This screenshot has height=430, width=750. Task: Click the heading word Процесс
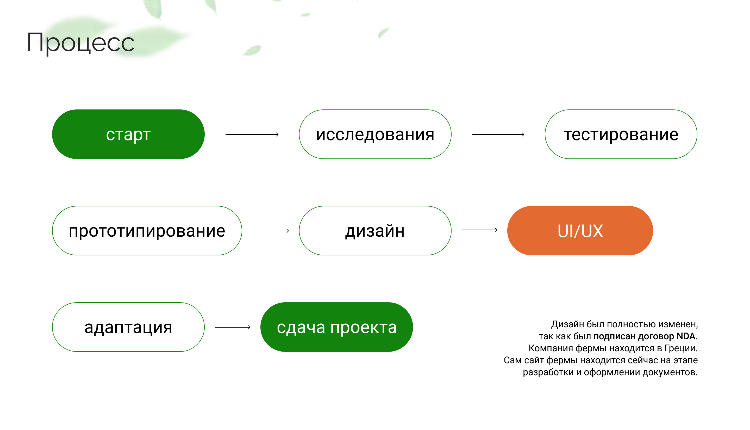pyautogui.click(x=80, y=43)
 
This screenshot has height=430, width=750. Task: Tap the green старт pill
pyautogui.click(x=128, y=134)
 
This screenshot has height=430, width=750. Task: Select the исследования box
pyautogui.click(x=375, y=134)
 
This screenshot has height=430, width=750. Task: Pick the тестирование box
pyautogui.click(x=621, y=134)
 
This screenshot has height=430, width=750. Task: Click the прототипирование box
pyautogui.click(x=147, y=231)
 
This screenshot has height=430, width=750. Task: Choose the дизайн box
pyautogui.click(x=375, y=231)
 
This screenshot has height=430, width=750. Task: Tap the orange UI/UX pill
pyautogui.click(x=580, y=231)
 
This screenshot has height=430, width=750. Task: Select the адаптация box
pyautogui.click(x=128, y=327)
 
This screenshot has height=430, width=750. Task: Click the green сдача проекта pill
pyautogui.click(x=336, y=327)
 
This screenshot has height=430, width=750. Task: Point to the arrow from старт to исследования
pyautogui.click(x=252, y=134)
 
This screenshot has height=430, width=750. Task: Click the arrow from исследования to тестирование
pyautogui.click(x=498, y=134)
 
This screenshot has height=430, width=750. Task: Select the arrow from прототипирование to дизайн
pyautogui.click(x=271, y=231)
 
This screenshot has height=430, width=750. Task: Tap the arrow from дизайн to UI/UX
pyautogui.click(x=479, y=230)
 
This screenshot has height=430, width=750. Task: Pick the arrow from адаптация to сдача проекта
pyautogui.click(x=233, y=327)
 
